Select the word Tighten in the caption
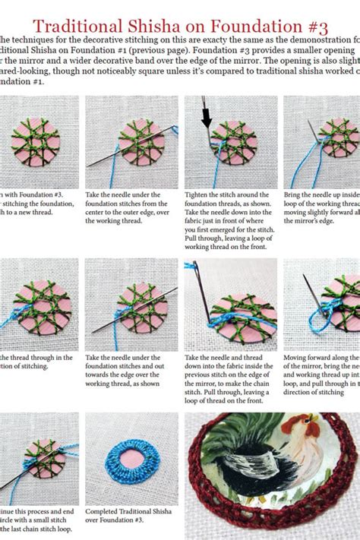click(x=198, y=194)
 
